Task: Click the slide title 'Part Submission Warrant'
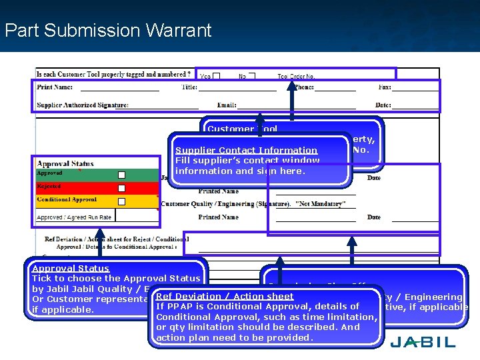pyautogui.click(x=107, y=31)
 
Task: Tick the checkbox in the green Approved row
pyautogui.click(x=121, y=175)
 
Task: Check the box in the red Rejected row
pyautogui.click(x=121, y=188)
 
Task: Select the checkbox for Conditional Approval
pyautogui.click(x=121, y=201)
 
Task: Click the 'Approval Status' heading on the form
pyautogui.click(x=65, y=163)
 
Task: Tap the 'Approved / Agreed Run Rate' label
pyautogui.click(x=74, y=217)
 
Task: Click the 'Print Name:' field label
pyautogui.click(x=55, y=87)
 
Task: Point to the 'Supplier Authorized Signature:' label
pyautogui.click(x=83, y=105)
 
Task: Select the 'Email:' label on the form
pyautogui.click(x=227, y=105)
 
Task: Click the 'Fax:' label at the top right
pyautogui.click(x=385, y=87)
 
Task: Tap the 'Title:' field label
pyautogui.click(x=189, y=87)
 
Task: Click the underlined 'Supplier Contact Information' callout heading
pyautogui.click(x=246, y=151)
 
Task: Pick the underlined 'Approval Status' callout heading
pyautogui.click(x=71, y=269)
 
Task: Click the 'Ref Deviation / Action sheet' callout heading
pyautogui.click(x=225, y=297)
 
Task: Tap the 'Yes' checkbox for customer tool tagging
pyautogui.click(x=216, y=76)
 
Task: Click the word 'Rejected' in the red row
pyautogui.click(x=49, y=187)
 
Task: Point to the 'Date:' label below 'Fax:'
pyautogui.click(x=383, y=105)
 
